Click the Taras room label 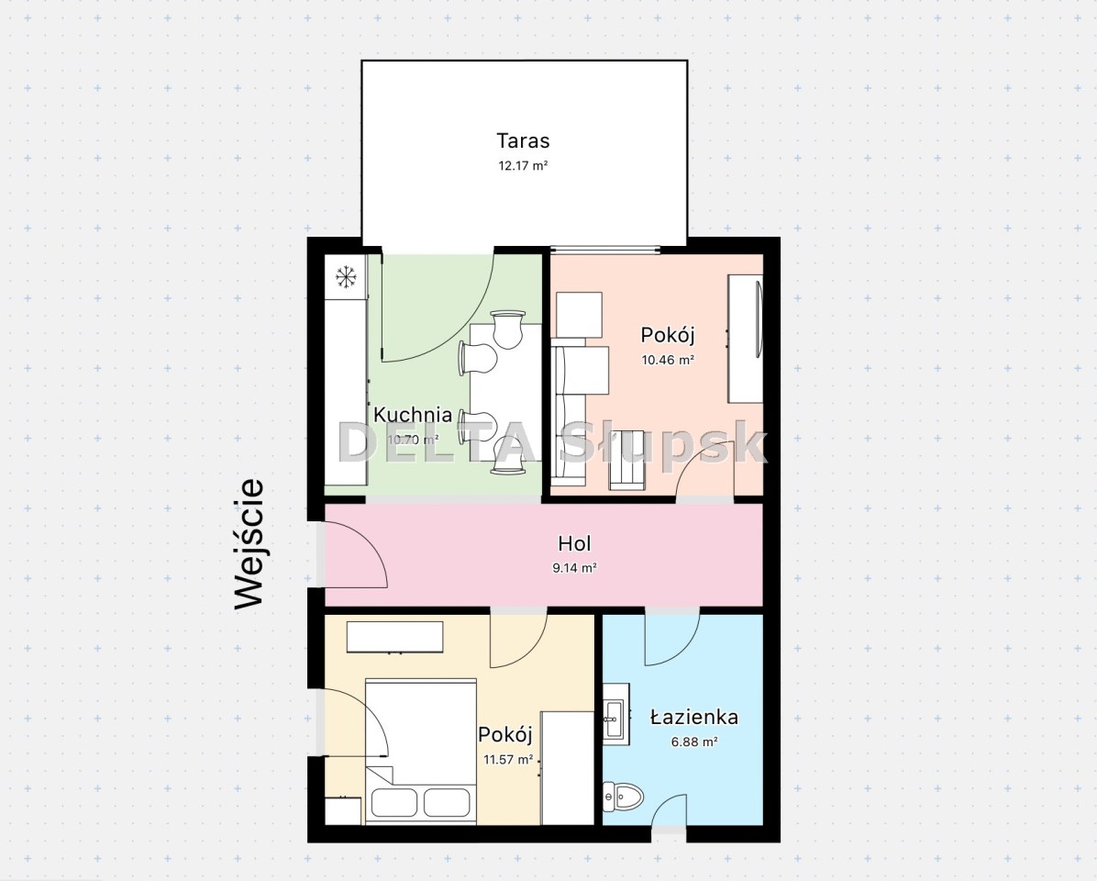click(523, 140)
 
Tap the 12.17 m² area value click(523, 166)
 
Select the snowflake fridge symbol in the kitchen click(346, 277)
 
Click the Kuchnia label click(412, 414)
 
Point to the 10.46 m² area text click(668, 360)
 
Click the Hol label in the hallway click(574, 543)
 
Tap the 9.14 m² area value click(574, 568)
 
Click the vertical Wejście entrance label click(249, 543)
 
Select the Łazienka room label click(694, 718)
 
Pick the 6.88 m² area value click(694, 742)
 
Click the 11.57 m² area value click(508, 759)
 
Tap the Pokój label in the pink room click(668, 335)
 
